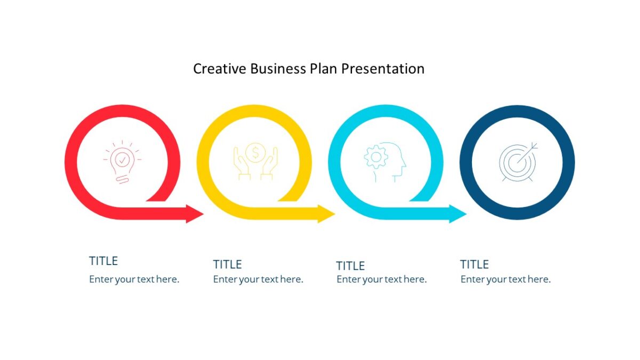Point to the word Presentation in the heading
tap(383, 69)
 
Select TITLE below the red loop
tap(103, 261)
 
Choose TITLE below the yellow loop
tap(228, 265)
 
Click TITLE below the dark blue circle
tap(475, 265)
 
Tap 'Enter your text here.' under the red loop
tap(134, 279)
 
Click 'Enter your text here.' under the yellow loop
tap(258, 279)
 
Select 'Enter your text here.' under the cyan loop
tap(381, 279)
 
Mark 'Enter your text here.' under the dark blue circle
tap(506, 279)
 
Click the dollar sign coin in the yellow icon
tap(255, 153)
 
